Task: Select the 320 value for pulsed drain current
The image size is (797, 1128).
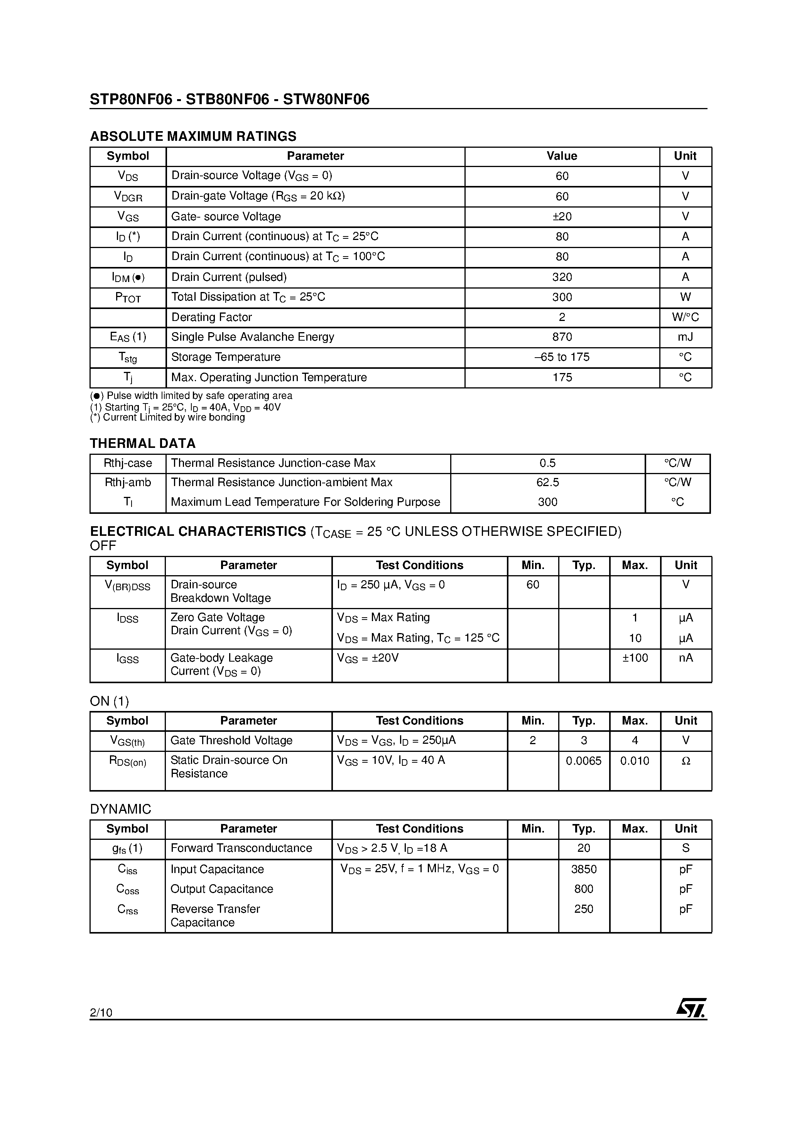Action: pyautogui.click(x=562, y=277)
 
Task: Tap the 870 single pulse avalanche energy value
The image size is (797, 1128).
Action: pyautogui.click(x=562, y=337)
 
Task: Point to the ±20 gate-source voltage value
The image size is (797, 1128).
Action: pyautogui.click(x=562, y=217)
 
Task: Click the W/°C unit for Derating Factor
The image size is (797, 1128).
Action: pyautogui.click(x=685, y=317)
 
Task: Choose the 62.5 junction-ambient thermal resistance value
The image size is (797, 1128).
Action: pyautogui.click(x=547, y=483)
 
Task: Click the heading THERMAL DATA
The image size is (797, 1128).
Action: pyautogui.click(x=142, y=443)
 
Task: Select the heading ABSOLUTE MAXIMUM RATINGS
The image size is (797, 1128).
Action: pyautogui.click(x=193, y=136)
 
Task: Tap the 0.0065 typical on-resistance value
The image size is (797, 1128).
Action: pyautogui.click(x=583, y=761)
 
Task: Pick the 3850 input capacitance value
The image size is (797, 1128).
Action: pyautogui.click(x=583, y=869)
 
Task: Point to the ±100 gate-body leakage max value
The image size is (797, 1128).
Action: pyautogui.click(x=635, y=658)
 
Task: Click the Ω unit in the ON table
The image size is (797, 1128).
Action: pyautogui.click(x=686, y=761)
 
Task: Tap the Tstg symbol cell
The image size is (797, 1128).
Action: pyautogui.click(x=128, y=358)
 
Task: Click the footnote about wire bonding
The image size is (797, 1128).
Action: pyautogui.click(x=167, y=417)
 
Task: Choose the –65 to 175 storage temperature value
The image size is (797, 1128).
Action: pyautogui.click(x=562, y=357)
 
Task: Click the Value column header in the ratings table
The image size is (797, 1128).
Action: pyautogui.click(x=562, y=156)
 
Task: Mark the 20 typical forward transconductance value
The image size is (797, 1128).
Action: pyautogui.click(x=583, y=848)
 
